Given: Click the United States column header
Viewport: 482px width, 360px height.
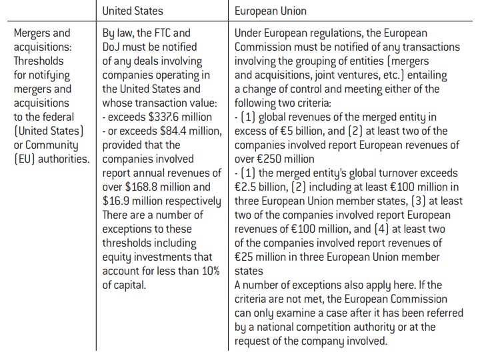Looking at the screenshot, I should [x=132, y=11].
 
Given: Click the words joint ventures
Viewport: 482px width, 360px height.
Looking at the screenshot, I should [x=342, y=75].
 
